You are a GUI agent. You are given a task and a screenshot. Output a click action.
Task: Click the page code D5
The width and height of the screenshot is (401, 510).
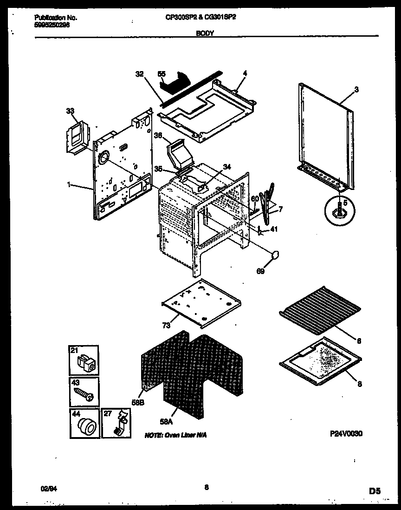pos(375,490)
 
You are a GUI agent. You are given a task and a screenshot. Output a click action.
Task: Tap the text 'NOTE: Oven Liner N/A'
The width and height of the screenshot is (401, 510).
pos(175,435)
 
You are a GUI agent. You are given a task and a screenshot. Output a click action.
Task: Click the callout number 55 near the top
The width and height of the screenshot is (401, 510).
pos(162,73)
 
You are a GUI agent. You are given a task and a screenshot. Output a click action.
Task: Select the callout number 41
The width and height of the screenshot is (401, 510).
pos(274,228)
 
